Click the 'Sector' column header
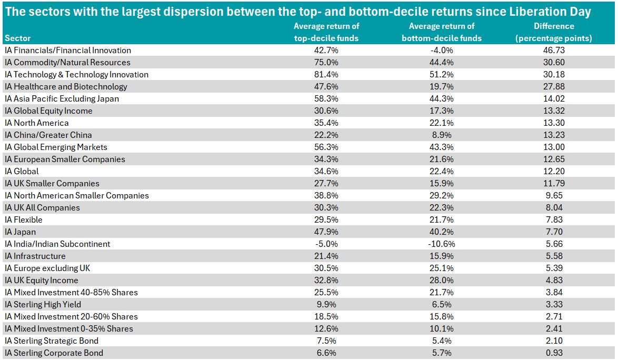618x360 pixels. click(x=18, y=38)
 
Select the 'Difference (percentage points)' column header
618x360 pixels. click(x=554, y=32)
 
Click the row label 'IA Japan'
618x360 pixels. click(x=21, y=232)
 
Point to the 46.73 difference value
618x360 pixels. click(x=554, y=51)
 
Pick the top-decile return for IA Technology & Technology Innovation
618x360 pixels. click(x=326, y=74)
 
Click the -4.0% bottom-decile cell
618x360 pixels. click(x=442, y=51)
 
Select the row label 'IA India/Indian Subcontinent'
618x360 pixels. click(x=57, y=244)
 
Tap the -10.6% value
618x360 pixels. click(x=442, y=244)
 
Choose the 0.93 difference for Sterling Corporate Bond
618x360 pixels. click(x=554, y=353)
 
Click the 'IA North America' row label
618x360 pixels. click(x=37, y=123)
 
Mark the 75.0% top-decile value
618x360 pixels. click(x=326, y=63)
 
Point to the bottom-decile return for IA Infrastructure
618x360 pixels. click(x=442, y=256)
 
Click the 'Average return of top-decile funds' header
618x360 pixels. click(x=326, y=32)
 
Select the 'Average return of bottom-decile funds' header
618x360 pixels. click(x=442, y=32)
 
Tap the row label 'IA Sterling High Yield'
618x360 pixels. click(x=43, y=304)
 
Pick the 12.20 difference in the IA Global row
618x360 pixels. click(x=554, y=172)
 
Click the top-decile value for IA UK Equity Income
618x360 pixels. click(x=326, y=281)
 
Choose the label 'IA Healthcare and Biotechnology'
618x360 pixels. click(x=66, y=87)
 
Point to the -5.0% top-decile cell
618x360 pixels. click(x=326, y=244)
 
